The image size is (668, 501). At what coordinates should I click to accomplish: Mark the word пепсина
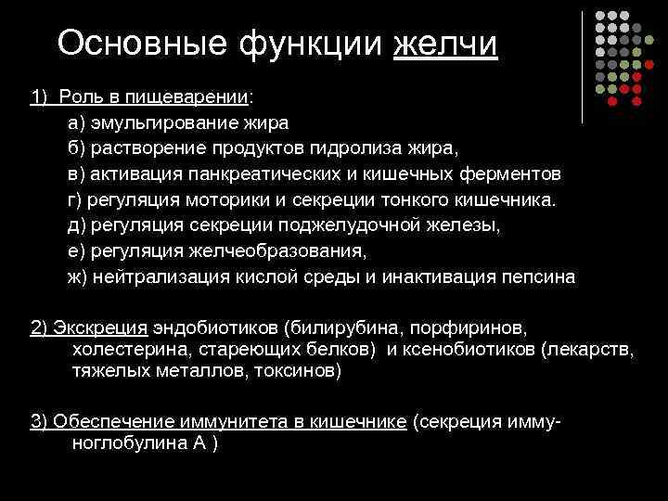coord(544,276)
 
